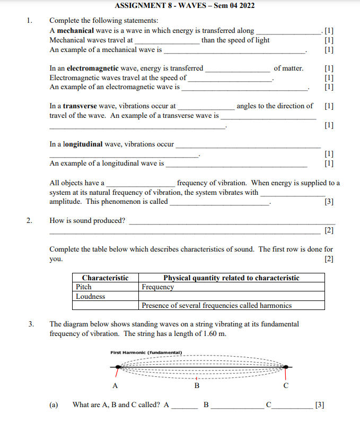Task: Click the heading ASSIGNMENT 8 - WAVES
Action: point(184,6)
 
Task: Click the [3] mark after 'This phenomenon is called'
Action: point(329,202)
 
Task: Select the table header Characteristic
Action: point(105,278)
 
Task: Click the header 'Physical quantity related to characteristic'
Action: point(231,278)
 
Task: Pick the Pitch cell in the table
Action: point(84,287)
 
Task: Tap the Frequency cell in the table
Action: point(158,287)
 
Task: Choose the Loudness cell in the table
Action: point(91,297)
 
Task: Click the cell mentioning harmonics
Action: point(217,306)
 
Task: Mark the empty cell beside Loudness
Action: point(232,297)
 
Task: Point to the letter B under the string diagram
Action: point(197,385)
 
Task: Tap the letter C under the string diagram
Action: point(286,385)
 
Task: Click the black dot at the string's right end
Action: point(286,367)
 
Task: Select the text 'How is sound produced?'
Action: point(87,221)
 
